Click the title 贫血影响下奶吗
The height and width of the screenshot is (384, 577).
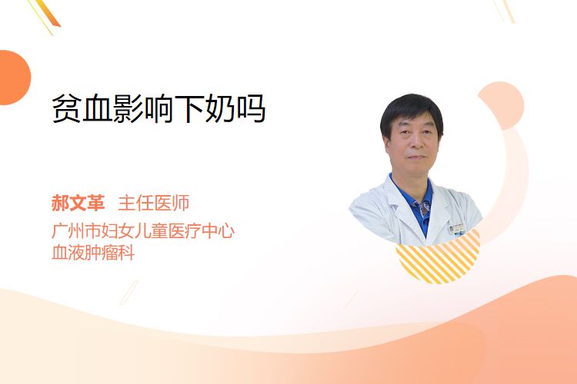point(158,109)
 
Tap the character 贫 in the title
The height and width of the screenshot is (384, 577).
point(67,109)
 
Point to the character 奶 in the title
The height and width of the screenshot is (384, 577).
point(220,109)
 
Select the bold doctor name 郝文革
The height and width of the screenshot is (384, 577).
point(78,203)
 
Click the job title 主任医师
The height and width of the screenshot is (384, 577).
point(154,203)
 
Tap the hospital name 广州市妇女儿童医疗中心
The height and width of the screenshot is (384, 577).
point(143,231)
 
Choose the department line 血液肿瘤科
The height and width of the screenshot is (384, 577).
point(93,253)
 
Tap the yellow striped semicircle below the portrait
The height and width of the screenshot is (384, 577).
point(438,259)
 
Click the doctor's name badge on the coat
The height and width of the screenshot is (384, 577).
point(458,228)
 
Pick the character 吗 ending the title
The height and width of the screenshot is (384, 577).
point(251,109)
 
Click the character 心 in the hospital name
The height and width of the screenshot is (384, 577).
point(226,231)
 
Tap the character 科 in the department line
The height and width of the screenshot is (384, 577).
point(126,253)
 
